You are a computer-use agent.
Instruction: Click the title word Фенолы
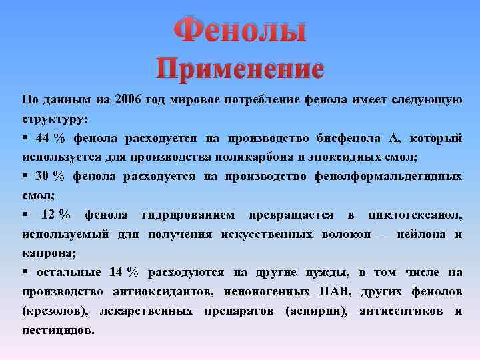point(240,31)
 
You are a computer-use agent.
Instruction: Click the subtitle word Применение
point(240,69)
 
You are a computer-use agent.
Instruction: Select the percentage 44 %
point(51,138)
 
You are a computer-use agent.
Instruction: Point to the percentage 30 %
point(51,176)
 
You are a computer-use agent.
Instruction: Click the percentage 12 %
point(56,215)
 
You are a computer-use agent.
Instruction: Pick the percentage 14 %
point(123,272)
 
